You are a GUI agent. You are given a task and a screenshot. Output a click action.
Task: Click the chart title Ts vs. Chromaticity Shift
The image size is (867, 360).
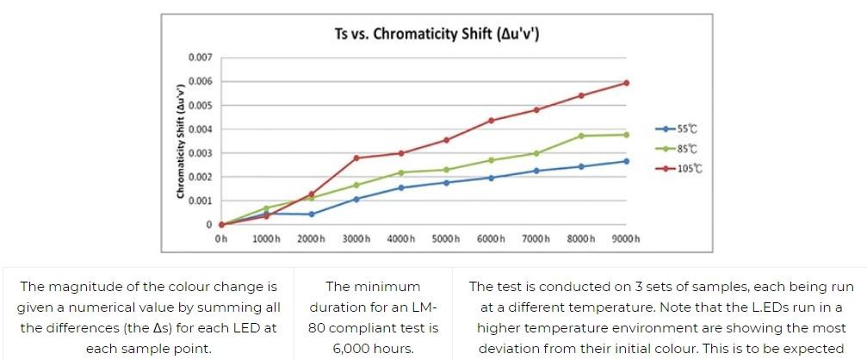point(437,34)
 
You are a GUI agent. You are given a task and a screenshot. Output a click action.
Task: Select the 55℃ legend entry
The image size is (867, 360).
point(686,129)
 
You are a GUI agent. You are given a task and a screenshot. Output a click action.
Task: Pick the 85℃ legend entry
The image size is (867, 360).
point(686,148)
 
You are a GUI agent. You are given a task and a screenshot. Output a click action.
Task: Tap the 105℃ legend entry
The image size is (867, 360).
point(689,168)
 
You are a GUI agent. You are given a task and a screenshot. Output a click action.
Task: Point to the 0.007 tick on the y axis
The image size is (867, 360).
point(200,58)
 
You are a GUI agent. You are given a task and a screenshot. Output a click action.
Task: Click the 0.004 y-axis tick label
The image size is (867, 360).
point(200,129)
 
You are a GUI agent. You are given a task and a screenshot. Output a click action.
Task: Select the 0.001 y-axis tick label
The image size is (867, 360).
point(200,201)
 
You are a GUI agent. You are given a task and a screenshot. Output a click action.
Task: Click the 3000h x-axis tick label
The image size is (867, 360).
point(356,238)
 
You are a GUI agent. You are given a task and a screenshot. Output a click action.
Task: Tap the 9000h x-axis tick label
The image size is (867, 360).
point(626,238)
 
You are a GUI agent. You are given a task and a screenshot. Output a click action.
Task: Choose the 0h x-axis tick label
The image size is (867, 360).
point(221,238)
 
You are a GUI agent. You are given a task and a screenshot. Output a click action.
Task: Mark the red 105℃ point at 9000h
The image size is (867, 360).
point(626,83)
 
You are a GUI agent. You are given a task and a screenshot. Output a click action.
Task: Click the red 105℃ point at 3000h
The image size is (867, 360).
point(356,158)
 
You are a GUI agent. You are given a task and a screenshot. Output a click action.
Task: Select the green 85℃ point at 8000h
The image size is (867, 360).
point(581,136)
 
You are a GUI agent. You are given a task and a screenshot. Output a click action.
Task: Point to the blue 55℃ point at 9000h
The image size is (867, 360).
point(626,161)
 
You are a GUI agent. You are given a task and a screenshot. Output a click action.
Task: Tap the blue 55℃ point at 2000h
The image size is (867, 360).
point(312,214)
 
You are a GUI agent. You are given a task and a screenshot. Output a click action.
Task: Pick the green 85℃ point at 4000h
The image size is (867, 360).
point(401,172)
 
